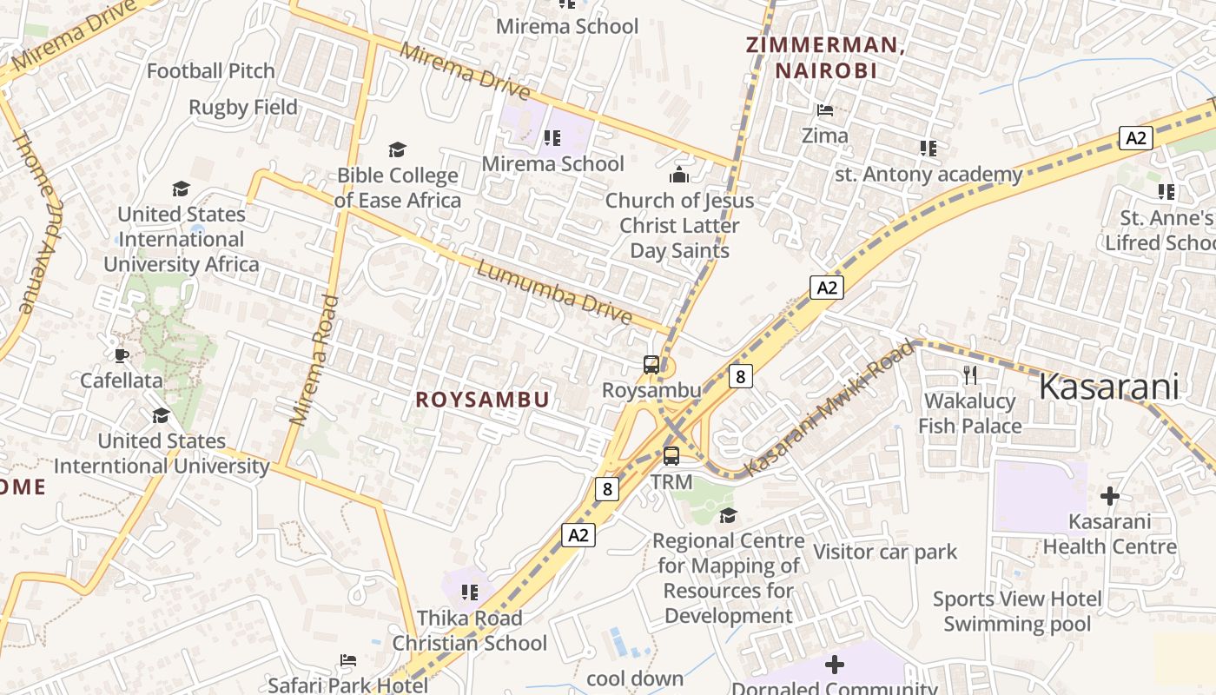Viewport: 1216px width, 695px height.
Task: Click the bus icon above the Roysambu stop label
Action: point(651,365)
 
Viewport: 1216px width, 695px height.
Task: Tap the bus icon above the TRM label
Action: point(671,456)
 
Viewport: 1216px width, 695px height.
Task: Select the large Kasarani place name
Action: point(1109,387)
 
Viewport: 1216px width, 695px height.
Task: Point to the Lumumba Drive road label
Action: point(554,293)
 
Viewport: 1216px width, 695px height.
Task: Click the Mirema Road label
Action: point(314,361)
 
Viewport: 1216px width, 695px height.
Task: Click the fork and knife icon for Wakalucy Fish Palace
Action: point(970,375)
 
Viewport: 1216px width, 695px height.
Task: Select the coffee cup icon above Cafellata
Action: point(122,354)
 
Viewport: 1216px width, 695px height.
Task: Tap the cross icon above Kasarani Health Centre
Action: point(1109,496)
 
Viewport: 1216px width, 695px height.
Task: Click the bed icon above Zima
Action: point(825,110)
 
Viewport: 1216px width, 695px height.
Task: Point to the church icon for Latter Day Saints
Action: point(679,175)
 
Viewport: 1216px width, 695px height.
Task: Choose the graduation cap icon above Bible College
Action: point(397,150)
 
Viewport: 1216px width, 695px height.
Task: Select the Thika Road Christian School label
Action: point(470,631)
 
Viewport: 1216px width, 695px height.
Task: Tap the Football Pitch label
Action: point(210,71)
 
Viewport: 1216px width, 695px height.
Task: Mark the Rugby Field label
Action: point(243,108)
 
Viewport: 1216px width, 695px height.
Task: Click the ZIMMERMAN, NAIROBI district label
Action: point(825,58)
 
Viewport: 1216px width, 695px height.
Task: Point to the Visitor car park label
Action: point(885,552)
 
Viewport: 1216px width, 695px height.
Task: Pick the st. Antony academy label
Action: point(929,175)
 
